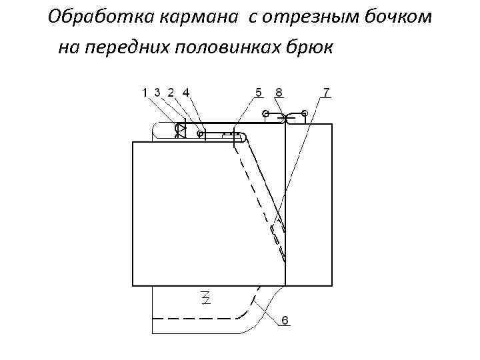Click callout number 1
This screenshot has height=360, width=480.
(145, 93)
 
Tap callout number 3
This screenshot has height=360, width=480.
(157, 93)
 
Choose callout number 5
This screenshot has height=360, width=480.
(258, 92)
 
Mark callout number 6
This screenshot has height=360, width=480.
(285, 321)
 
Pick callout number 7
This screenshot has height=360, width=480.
(326, 92)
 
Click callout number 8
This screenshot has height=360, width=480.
(278, 92)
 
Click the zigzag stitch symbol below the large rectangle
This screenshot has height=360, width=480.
(206, 296)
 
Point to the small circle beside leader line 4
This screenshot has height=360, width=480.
(200, 133)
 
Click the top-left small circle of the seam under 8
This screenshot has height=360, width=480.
(265, 113)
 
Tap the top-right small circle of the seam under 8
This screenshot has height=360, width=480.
(304, 113)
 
